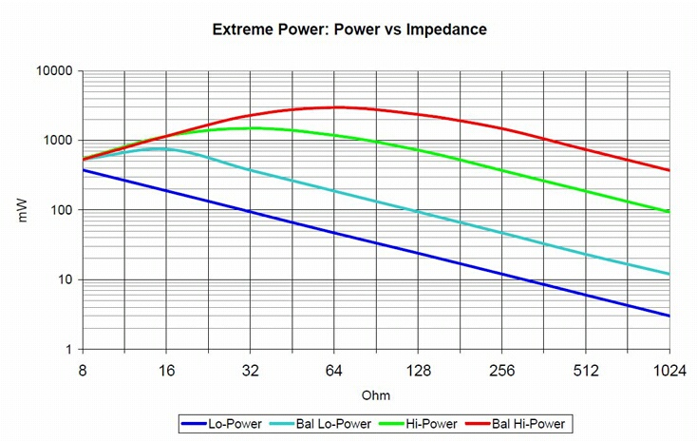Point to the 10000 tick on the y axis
click(55, 71)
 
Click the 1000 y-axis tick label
click(58, 141)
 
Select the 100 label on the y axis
click(62, 210)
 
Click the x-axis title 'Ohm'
click(376, 394)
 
